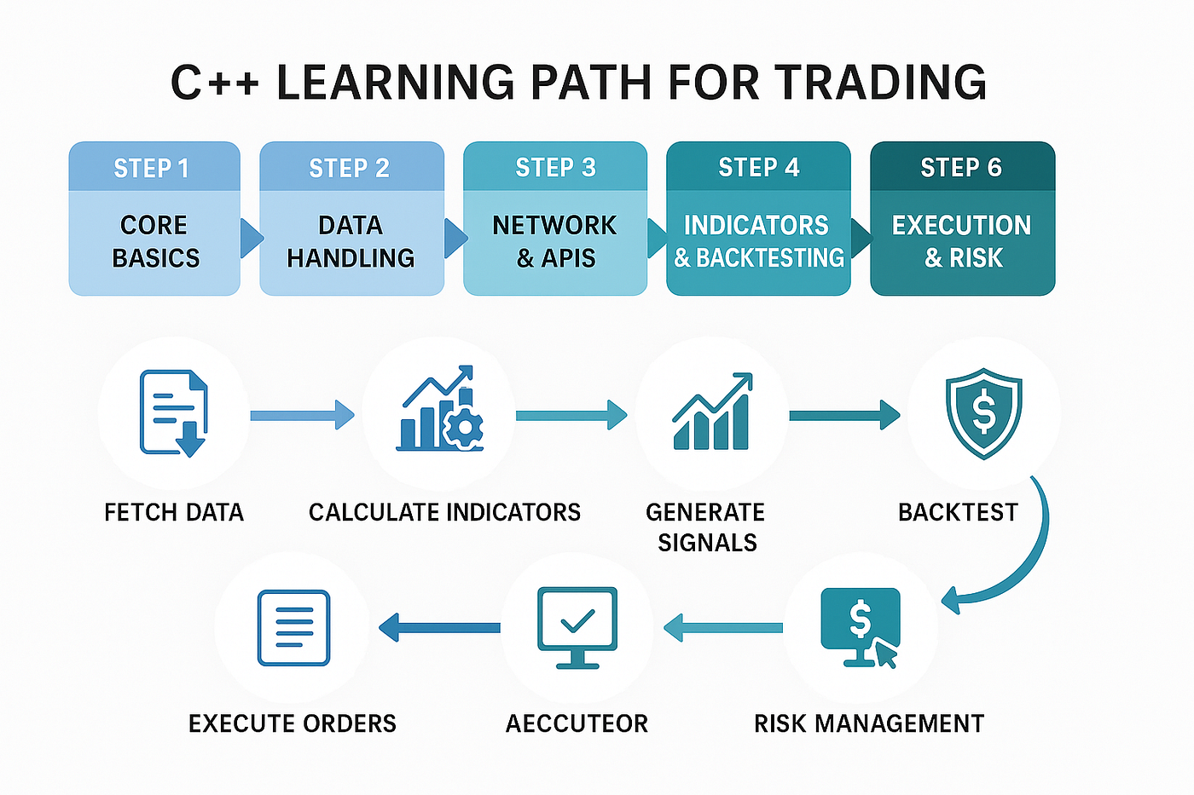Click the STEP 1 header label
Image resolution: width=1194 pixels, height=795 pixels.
click(x=152, y=168)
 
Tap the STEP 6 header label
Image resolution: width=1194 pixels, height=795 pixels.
click(x=961, y=167)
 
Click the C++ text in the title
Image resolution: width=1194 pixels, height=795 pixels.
click(x=214, y=83)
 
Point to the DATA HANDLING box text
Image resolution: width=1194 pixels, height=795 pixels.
click(x=351, y=241)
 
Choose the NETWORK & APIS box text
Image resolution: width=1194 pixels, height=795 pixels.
click(x=554, y=241)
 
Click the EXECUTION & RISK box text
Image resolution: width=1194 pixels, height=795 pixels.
click(x=962, y=241)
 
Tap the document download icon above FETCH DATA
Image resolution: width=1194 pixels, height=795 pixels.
click(x=174, y=413)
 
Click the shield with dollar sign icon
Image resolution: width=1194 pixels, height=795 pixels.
click(x=983, y=413)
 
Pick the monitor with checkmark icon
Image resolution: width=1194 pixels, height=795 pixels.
click(x=577, y=627)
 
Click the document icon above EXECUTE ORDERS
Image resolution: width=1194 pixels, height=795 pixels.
click(x=293, y=628)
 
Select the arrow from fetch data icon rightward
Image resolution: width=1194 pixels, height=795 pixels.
click(x=303, y=415)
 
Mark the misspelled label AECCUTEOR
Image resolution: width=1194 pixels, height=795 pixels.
click(x=577, y=723)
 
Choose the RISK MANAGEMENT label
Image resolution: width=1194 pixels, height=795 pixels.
click(x=869, y=723)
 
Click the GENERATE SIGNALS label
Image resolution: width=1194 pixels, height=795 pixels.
click(x=706, y=527)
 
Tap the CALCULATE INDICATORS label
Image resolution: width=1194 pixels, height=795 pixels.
click(x=444, y=512)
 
